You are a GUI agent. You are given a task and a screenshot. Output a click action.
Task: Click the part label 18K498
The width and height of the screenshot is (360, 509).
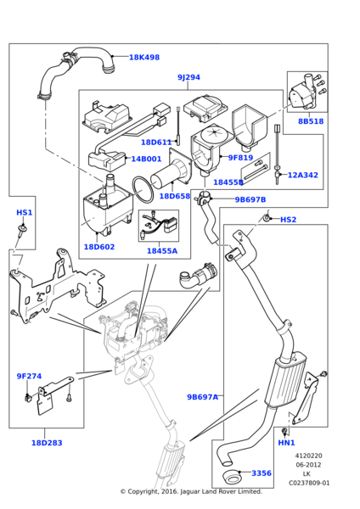(144, 58)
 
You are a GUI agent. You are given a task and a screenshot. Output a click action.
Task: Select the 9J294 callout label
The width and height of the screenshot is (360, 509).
(188, 77)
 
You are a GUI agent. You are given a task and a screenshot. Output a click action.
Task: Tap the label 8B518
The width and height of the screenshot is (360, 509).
(311, 121)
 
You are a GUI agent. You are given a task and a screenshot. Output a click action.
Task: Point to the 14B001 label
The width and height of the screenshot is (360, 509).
(146, 159)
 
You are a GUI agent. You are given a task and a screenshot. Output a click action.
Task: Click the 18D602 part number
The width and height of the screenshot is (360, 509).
(99, 247)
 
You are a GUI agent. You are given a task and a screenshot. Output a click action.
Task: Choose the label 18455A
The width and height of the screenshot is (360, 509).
(162, 251)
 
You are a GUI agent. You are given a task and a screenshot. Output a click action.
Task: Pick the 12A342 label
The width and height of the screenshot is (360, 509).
(303, 176)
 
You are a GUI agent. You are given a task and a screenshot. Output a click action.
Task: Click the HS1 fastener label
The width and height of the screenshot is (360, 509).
(25, 213)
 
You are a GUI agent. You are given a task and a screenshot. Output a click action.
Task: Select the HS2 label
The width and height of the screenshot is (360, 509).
(288, 220)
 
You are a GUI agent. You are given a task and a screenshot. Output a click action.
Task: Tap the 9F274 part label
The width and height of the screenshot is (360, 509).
(29, 376)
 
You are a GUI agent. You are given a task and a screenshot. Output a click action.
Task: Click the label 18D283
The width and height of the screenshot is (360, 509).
(47, 443)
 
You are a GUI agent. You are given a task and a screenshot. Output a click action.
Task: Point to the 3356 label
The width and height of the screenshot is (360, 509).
(262, 473)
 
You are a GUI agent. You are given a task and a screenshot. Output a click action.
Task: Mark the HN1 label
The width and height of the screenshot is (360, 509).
(287, 443)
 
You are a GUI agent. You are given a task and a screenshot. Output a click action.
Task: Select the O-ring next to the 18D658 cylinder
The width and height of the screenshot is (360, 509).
(143, 190)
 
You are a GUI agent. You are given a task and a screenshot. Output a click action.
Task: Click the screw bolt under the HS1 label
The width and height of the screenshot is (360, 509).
(22, 231)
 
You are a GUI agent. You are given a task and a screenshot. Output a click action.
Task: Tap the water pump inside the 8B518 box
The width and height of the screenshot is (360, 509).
(302, 94)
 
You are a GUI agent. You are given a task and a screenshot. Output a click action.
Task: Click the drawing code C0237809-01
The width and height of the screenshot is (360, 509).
(309, 483)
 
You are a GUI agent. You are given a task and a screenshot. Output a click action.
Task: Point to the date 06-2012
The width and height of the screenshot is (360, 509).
(308, 465)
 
